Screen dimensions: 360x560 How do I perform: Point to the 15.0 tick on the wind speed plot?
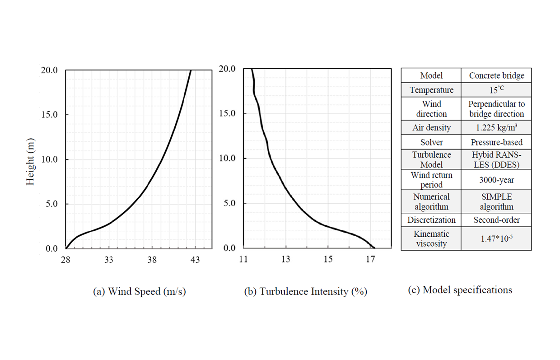click(49, 115)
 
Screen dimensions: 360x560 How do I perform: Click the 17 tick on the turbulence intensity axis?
click(370, 259)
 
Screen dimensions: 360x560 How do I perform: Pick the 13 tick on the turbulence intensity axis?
click(286, 259)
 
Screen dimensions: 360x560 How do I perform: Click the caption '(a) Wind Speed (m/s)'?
click(139, 291)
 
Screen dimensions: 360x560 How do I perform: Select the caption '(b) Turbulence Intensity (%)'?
click(306, 291)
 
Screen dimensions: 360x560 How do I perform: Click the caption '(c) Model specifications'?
click(460, 290)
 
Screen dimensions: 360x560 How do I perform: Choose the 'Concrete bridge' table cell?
click(496, 75)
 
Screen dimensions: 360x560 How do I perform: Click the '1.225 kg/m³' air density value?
click(496, 127)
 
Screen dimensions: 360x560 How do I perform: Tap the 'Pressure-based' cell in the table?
click(496, 142)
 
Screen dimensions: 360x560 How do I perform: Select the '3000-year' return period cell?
click(496, 180)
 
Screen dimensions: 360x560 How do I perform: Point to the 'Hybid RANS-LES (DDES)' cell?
click(496, 160)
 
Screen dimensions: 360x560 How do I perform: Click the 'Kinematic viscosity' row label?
click(431, 238)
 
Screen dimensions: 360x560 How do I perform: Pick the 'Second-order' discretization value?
click(496, 220)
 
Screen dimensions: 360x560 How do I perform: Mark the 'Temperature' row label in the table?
click(431, 90)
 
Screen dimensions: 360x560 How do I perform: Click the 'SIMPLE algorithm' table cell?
click(496, 201)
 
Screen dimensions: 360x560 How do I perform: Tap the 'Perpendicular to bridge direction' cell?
click(496, 109)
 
